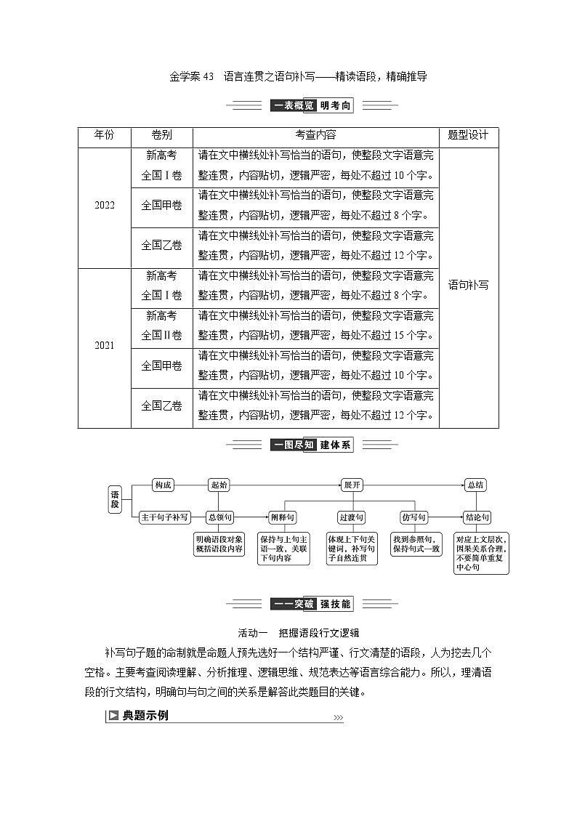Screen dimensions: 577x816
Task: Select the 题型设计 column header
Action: click(468, 136)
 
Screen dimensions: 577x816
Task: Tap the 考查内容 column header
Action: click(315, 136)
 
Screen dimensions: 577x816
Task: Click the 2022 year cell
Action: click(105, 206)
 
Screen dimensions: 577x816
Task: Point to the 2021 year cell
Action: click(105, 346)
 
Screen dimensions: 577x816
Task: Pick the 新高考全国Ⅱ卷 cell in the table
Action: click(161, 326)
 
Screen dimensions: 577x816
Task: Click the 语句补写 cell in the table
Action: click(468, 285)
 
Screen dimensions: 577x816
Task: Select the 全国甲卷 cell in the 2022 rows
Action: click(161, 206)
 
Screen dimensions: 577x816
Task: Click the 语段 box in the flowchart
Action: click(115, 499)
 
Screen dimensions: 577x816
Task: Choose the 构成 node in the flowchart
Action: click(164, 485)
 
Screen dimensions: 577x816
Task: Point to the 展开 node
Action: click(352, 485)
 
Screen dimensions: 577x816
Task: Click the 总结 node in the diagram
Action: click(476, 485)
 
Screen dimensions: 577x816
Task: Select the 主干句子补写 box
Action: click(165, 517)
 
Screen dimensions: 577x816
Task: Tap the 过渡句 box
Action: click(352, 517)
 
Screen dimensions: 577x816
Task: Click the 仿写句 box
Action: click(414, 517)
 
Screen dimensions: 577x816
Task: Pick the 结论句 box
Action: click(477, 517)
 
